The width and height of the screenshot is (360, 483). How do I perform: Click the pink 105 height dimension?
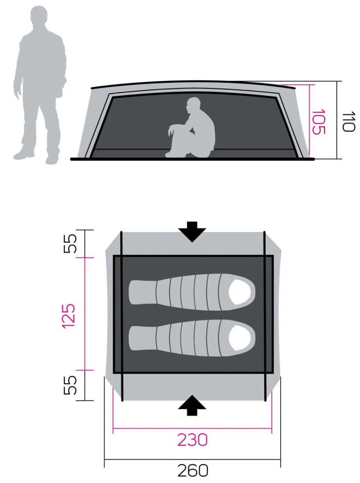[319, 121]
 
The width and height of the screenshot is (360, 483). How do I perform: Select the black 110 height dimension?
[349, 121]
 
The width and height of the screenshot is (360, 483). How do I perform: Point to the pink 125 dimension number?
[69, 316]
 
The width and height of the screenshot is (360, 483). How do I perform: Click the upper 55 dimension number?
[70, 243]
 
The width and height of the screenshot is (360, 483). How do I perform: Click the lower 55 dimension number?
[70, 385]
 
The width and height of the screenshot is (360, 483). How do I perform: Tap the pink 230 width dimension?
[192, 439]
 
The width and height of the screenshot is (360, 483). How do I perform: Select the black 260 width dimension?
[193, 470]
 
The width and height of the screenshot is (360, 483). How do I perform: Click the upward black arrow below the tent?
[192, 405]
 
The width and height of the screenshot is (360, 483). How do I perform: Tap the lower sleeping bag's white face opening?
[240, 338]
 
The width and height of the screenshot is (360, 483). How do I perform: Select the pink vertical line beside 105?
[309, 120]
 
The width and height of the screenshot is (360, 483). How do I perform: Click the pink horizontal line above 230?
[192, 428]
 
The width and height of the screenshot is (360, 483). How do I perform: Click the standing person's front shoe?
[51, 160]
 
